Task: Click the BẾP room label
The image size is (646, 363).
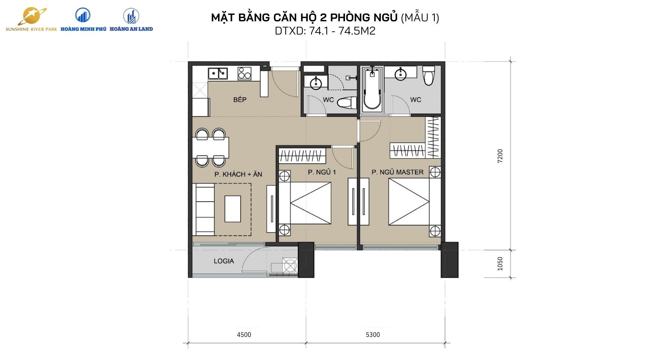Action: [x=240, y=100]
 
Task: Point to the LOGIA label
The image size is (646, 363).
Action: [x=224, y=261]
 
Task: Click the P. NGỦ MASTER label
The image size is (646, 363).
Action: [x=397, y=172]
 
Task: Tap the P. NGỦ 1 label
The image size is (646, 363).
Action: [x=322, y=172]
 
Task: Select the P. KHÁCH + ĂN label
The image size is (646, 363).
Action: [x=238, y=175]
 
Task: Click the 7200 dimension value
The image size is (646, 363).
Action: [x=500, y=156]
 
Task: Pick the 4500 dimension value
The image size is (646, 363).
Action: [x=244, y=335]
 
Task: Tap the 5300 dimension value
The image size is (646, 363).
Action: [x=372, y=335]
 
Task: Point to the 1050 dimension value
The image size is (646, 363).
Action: [x=500, y=264]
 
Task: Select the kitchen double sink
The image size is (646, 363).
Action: [x=217, y=73]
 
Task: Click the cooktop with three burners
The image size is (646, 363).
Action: [x=244, y=73]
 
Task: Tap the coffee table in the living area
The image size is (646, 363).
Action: [x=233, y=209]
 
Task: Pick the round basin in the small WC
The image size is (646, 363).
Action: [x=316, y=83]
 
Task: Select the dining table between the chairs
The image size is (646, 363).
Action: [x=211, y=148]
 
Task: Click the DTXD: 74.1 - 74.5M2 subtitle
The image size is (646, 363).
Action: [x=325, y=31]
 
